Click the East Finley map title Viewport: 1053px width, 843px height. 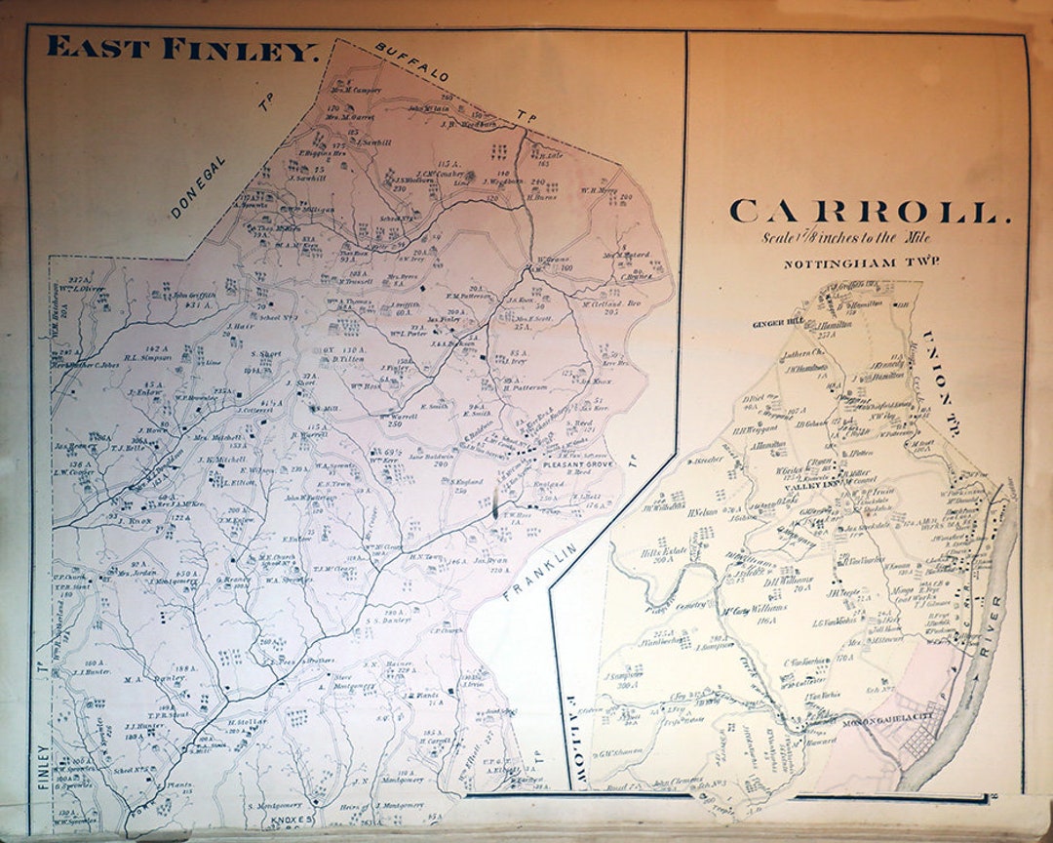pos(183,49)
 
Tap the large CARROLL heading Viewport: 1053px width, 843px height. pos(865,212)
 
